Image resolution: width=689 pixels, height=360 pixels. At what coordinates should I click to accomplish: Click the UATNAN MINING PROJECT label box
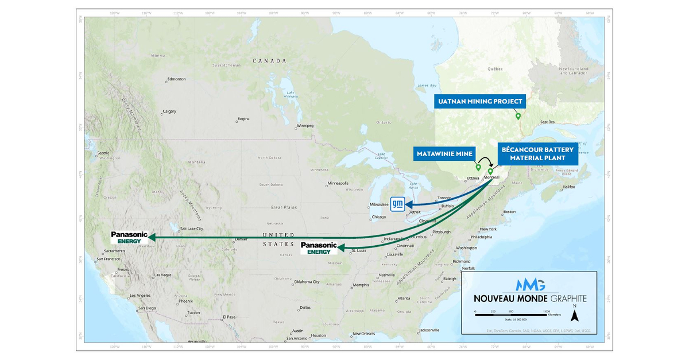[x=479, y=102]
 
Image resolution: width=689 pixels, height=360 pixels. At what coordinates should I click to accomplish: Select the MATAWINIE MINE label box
[x=443, y=154]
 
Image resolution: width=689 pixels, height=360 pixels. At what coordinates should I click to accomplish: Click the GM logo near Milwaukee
[x=398, y=203]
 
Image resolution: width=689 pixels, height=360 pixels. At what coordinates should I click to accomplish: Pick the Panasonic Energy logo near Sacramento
[x=129, y=237]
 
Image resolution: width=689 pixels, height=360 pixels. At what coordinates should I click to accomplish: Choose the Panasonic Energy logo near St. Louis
[x=319, y=247]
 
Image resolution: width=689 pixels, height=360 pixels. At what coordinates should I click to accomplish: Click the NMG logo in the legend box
[x=530, y=285]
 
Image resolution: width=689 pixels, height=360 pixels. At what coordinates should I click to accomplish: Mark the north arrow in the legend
[x=578, y=314]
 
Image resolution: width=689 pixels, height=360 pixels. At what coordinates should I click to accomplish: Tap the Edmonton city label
[x=176, y=79]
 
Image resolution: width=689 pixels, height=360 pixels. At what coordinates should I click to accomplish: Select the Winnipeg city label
[x=305, y=125]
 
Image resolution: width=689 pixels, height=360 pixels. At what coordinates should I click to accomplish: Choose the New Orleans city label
[x=363, y=334]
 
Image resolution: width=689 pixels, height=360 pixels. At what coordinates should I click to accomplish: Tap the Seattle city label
[x=104, y=153]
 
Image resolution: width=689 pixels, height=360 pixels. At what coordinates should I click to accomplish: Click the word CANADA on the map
[x=269, y=60]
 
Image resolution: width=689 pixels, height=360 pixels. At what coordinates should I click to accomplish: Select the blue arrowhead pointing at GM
[x=409, y=203]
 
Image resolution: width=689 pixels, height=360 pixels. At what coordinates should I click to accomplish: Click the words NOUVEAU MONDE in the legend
[x=511, y=299]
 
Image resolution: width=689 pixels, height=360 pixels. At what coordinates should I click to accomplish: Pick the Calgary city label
[x=169, y=111]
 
